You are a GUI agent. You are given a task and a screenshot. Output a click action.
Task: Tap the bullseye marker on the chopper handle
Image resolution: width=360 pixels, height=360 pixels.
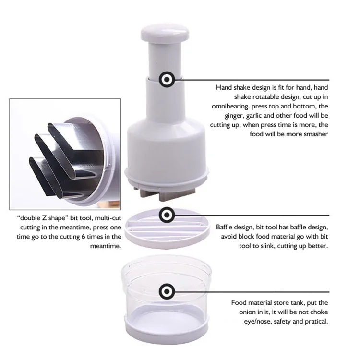click(167, 79)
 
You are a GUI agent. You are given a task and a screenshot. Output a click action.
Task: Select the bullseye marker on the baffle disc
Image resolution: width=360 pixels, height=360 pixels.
click(167, 215)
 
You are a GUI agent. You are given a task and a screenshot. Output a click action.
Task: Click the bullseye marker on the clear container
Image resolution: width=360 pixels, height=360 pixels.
click(167, 291)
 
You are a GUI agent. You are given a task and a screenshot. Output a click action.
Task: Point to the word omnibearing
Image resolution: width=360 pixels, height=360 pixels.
click(230, 106)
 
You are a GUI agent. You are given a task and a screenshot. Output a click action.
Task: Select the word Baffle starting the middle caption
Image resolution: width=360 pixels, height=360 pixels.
click(225, 227)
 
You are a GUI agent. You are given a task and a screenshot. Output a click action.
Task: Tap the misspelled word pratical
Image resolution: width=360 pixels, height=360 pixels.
click(315, 322)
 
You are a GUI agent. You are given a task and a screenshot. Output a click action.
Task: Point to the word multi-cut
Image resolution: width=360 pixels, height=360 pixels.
click(108, 218)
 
